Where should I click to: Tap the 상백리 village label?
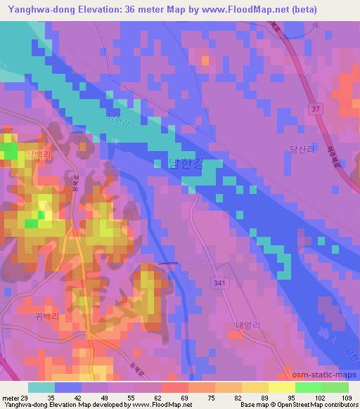[39, 155]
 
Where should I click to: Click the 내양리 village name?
[247, 325]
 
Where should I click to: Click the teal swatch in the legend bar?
[41, 387]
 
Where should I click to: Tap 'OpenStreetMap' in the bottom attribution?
[309, 405]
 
